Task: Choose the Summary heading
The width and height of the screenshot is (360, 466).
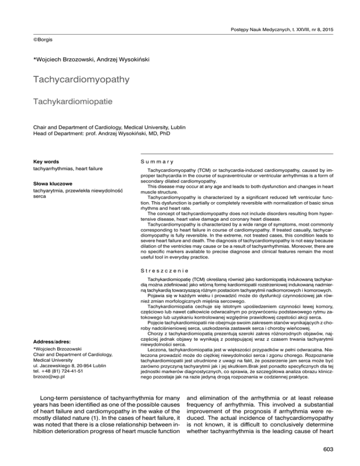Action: [149, 161]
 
